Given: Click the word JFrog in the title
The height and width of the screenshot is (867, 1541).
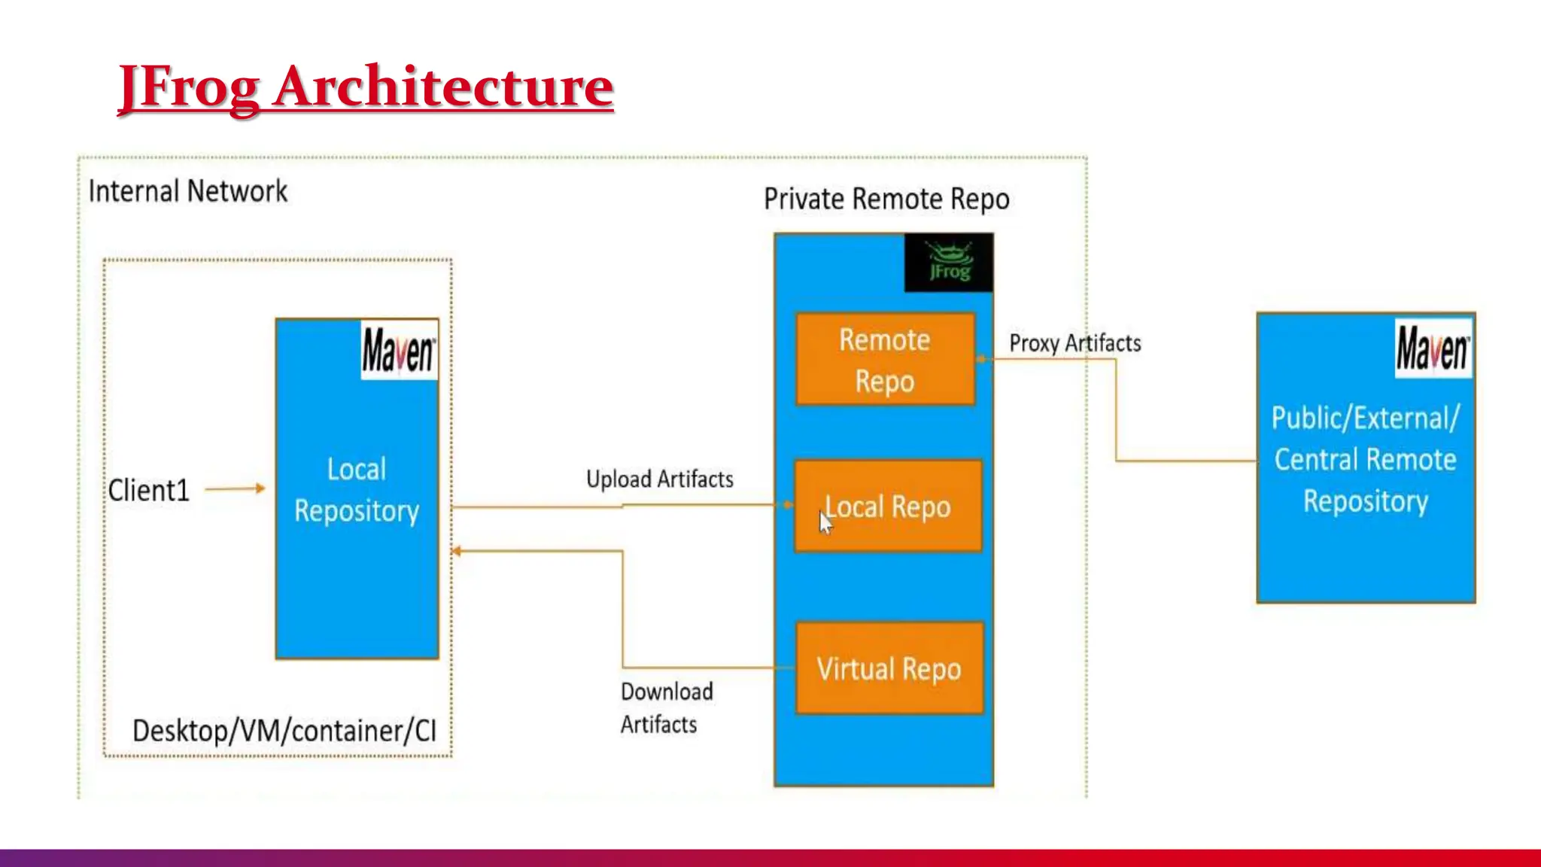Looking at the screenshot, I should pyautogui.click(x=189, y=87).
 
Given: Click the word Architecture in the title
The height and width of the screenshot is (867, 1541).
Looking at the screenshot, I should pyautogui.click(x=443, y=87).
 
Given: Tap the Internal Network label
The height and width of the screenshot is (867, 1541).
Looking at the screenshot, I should pyautogui.click(x=187, y=191).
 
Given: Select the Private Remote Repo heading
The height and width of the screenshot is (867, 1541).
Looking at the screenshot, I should pyautogui.click(x=886, y=199).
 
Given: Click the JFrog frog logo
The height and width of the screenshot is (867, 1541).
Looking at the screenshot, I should pyautogui.click(x=949, y=262).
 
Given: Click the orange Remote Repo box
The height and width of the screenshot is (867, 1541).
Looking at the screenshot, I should pyautogui.click(x=885, y=360).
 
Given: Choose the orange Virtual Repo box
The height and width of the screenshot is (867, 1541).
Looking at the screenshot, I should pyautogui.click(x=889, y=669).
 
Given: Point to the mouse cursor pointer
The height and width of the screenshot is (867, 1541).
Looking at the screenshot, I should pyautogui.click(x=825, y=522).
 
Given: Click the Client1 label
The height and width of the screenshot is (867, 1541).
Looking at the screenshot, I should pyautogui.click(x=148, y=490).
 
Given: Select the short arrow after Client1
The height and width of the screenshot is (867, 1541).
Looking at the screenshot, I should pyautogui.click(x=235, y=488).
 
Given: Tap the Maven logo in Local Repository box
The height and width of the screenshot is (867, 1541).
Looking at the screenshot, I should pyautogui.click(x=399, y=351).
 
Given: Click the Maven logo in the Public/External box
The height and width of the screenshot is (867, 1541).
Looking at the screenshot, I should pyautogui.click(x=1433, y=348).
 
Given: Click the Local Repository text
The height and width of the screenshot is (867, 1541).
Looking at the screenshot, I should pyautogui.click(x=357, y=490).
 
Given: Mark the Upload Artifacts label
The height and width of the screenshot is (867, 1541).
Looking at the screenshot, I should pyautogui.click(x=659, y=479).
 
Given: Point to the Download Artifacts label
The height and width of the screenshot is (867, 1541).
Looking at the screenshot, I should pyautogui.click(x=665, y=707).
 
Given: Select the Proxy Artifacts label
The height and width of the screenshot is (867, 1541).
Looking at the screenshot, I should pyautogui.click(x=1074, y=343).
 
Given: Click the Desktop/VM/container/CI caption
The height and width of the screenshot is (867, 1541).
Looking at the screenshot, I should pyautogui.click(x=284, y=731).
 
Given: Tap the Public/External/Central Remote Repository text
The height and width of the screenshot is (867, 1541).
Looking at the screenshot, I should pyautogui.click(x=1365, y=459).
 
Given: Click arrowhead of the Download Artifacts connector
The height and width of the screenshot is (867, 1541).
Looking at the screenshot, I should pyautogui.click(x=456, y=552).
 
